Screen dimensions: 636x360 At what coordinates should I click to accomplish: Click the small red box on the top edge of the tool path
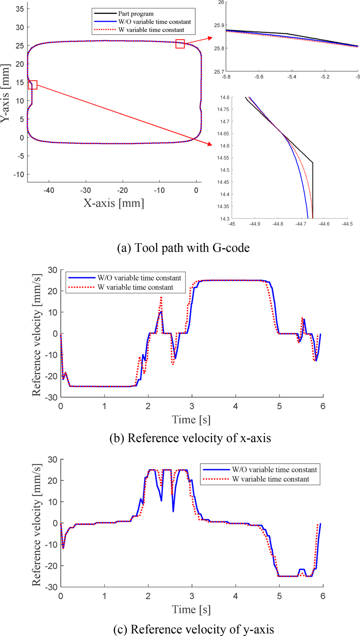click(x=180, y=44)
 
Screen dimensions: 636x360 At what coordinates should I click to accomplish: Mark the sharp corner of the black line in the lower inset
click(x=312, y=163)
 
